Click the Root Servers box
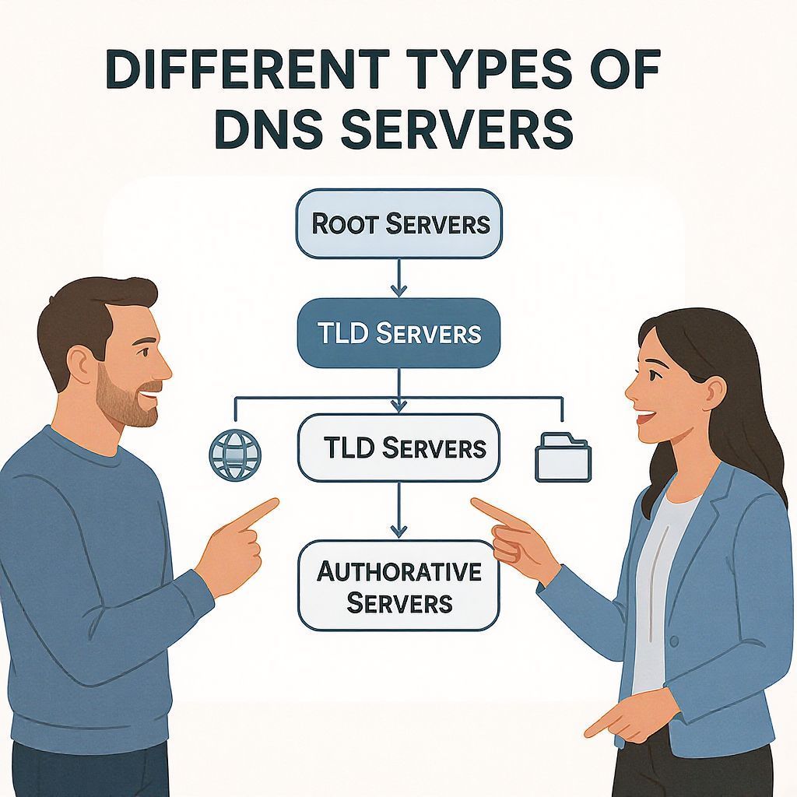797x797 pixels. click(398, 224)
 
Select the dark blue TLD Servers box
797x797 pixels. click(398, 334)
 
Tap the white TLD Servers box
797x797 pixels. click(398, 448)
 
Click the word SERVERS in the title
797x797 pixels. click(462, 129)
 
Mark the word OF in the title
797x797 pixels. click(623, 73)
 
